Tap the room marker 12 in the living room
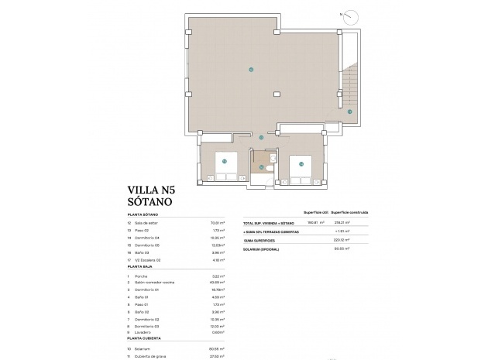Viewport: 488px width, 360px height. point(250,70)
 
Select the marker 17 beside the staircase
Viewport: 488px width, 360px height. point(349,111)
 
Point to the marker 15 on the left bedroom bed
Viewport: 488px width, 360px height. point(223,162)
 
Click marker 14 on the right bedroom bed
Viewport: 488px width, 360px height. point(301,164)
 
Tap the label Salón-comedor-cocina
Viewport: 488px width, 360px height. point(153,283)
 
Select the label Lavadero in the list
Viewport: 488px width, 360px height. point(142,332)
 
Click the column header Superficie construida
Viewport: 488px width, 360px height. point(349,211)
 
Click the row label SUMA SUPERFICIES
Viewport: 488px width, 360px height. point(261,240)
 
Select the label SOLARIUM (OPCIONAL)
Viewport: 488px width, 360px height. point(263,250)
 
